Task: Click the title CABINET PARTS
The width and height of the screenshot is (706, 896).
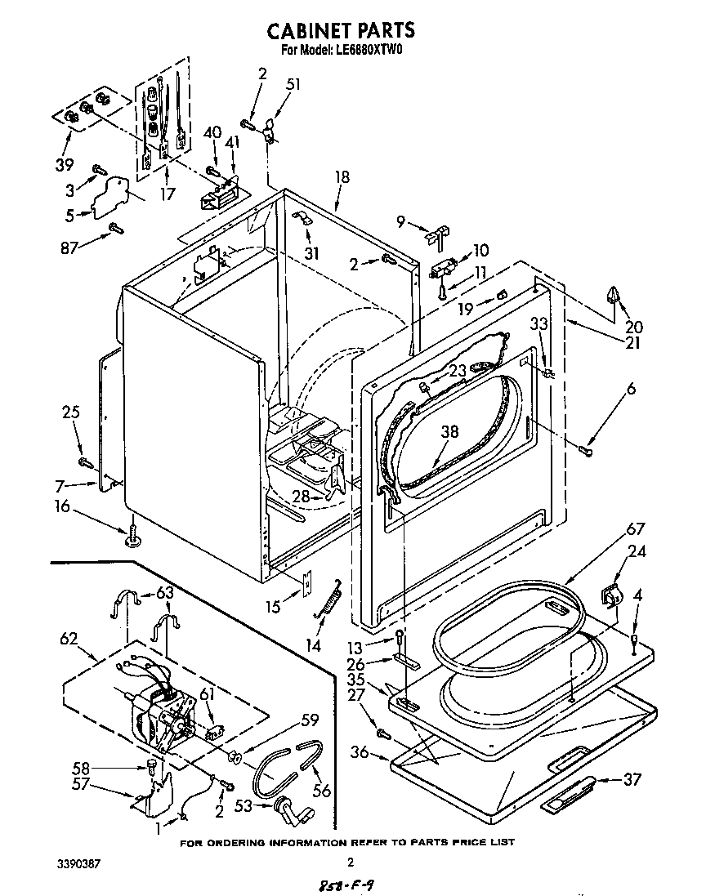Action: tap(342, 30)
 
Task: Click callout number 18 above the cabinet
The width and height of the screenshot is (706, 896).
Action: tap(342, 176)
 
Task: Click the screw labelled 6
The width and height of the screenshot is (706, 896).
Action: tap(585, 448)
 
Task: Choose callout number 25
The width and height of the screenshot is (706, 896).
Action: tap(71, 412)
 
